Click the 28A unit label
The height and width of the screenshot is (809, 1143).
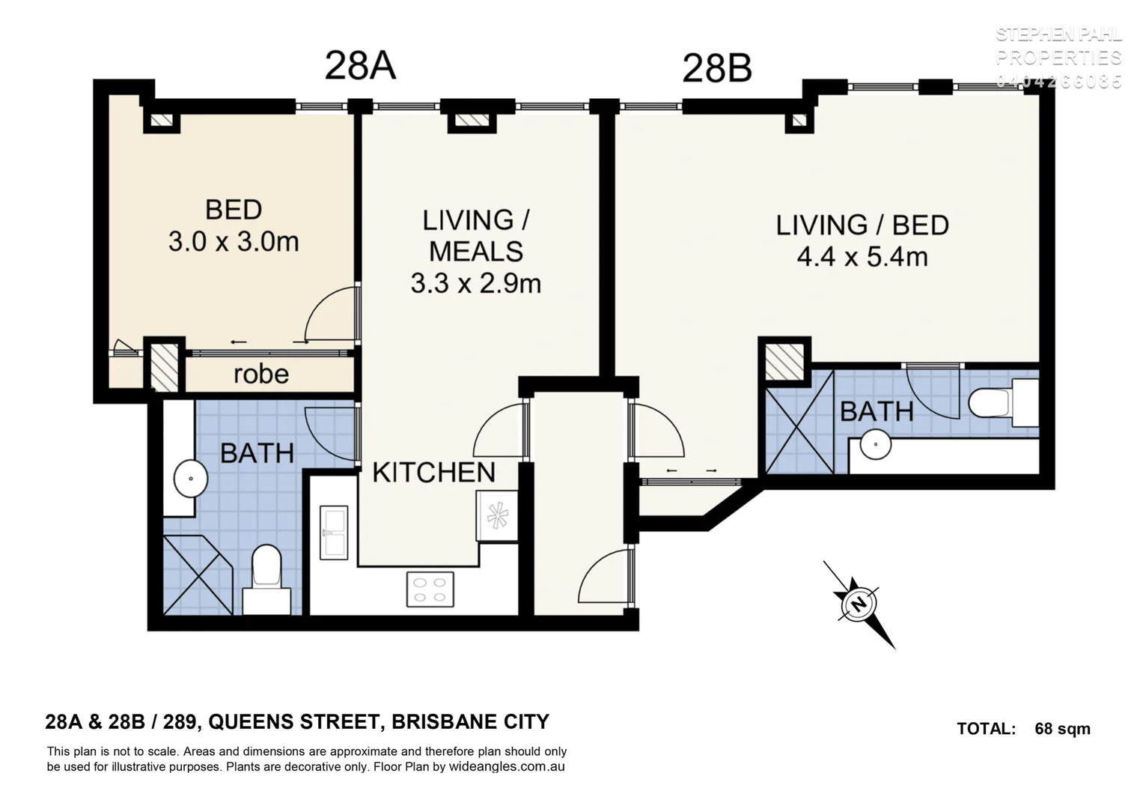359,65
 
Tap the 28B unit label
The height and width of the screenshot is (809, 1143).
716,69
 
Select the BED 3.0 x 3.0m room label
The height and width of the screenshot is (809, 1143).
234,225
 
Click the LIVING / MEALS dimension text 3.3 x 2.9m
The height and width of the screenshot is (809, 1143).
475,283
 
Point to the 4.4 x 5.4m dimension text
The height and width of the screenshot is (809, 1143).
862,257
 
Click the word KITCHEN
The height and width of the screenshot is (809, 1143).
433,473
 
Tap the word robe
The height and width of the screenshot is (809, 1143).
260,374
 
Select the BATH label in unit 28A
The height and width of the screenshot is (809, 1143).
257,452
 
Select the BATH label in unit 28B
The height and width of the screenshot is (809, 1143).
877,411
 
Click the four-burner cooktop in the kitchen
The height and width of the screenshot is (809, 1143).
430,589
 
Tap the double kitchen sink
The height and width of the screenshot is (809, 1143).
334,533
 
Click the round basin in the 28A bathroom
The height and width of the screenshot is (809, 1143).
191,479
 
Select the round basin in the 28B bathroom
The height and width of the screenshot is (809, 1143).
875,443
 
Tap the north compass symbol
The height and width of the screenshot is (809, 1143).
859,604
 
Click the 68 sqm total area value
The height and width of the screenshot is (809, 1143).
1062,728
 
